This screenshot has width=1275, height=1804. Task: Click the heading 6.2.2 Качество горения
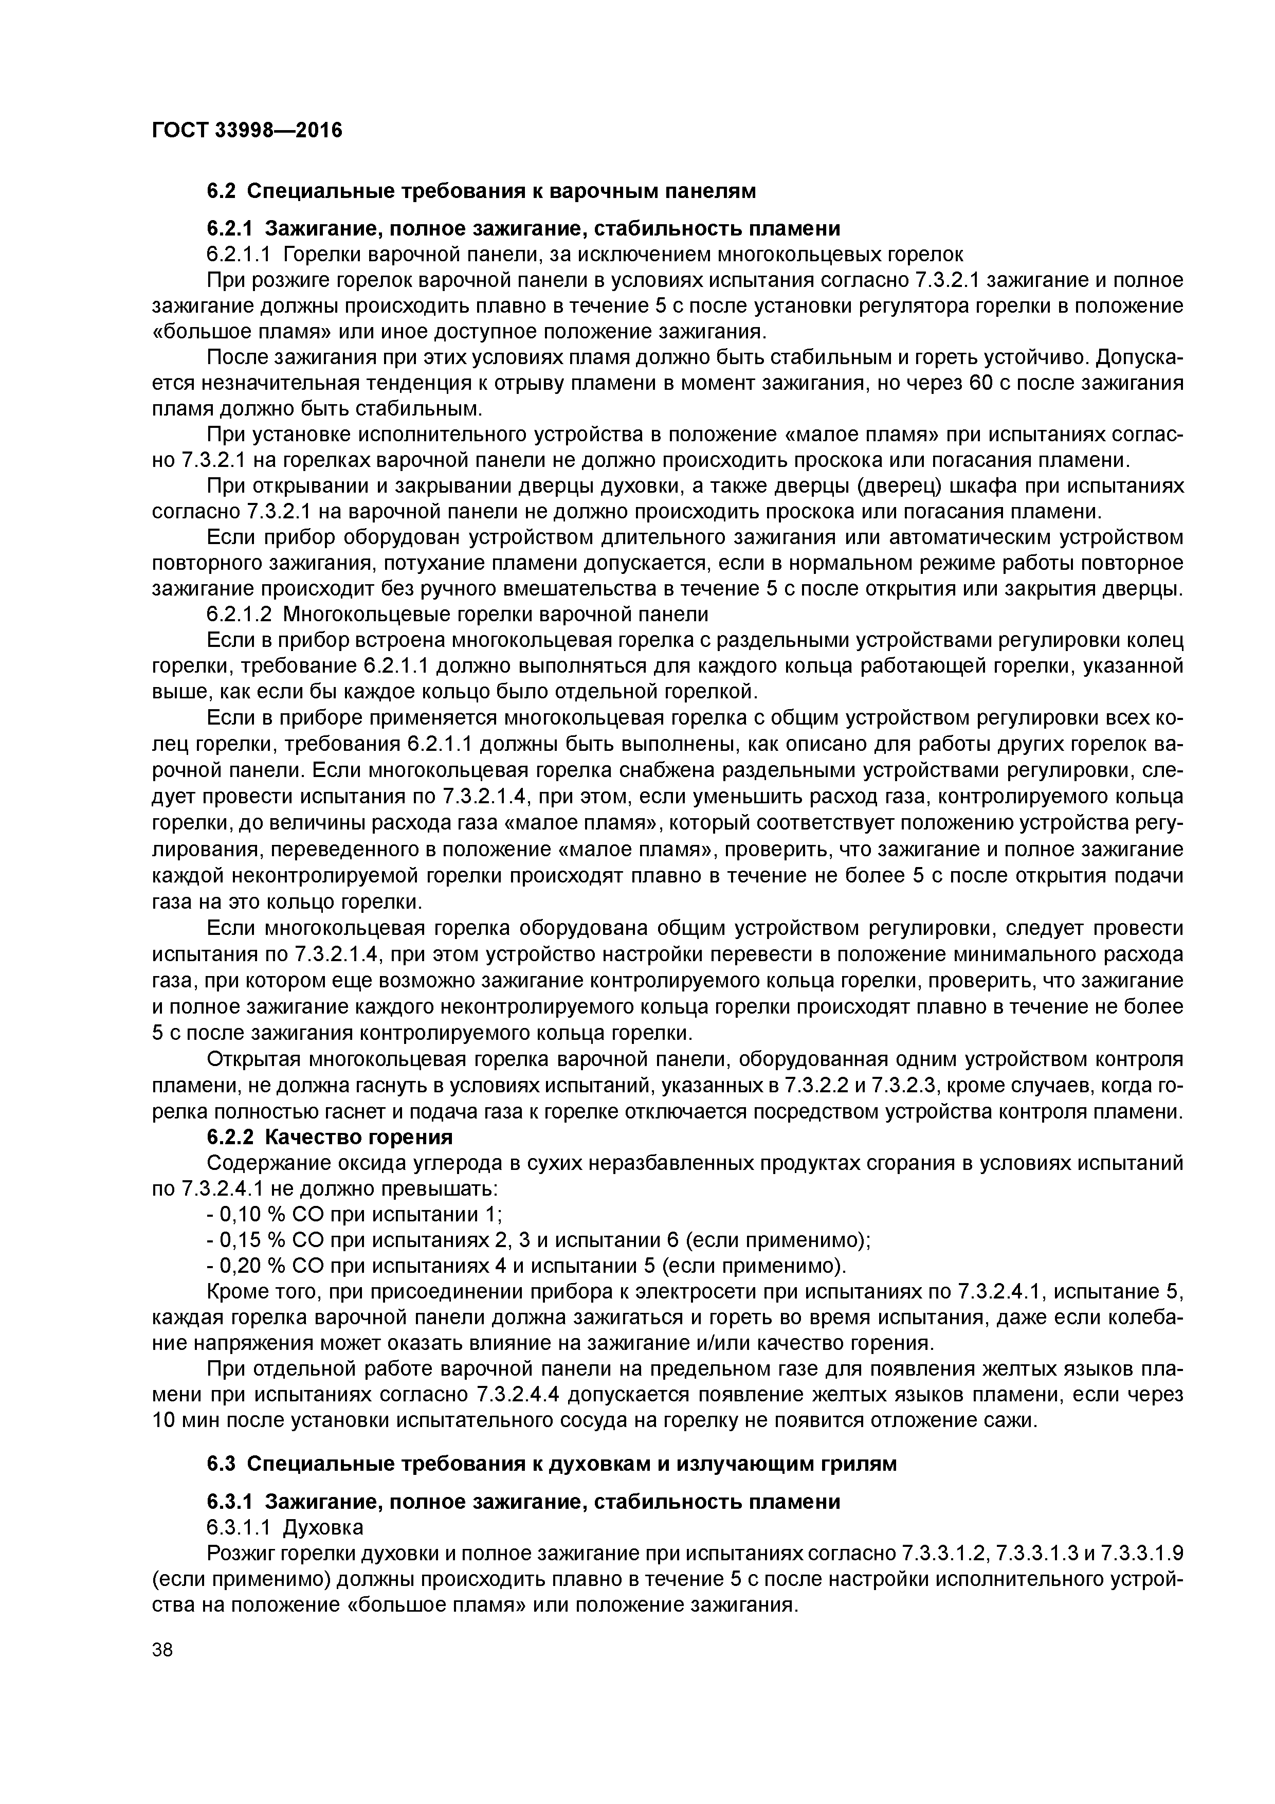[330, 1137]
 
